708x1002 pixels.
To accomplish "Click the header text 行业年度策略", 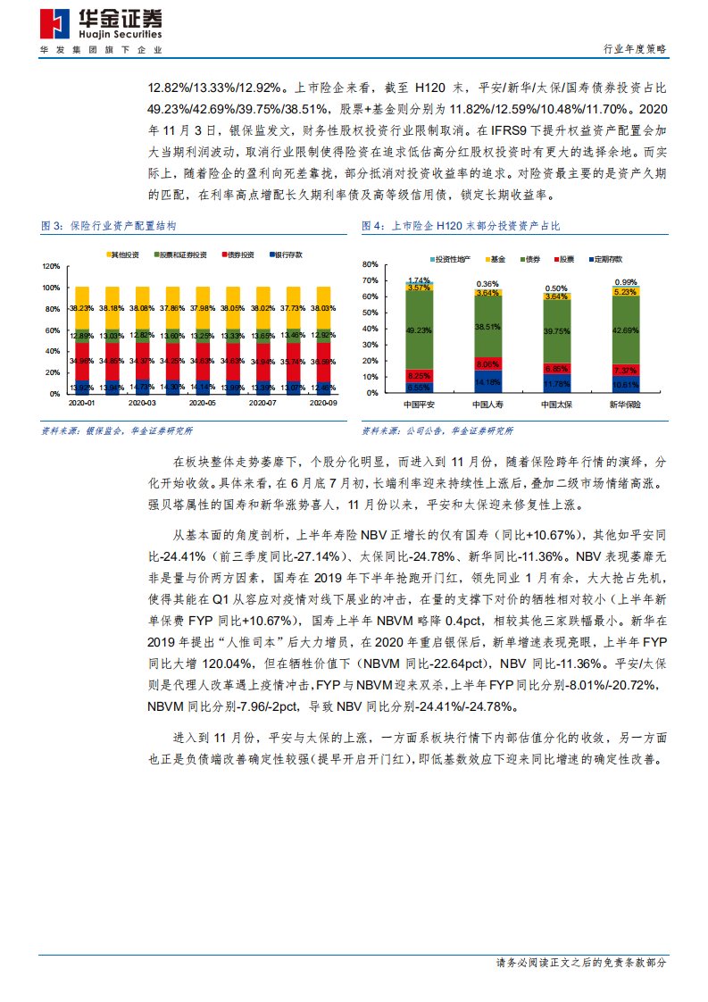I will pos(635,49).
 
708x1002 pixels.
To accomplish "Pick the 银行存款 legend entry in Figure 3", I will pos(285,255).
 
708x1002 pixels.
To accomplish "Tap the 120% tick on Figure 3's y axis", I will pos(50,266).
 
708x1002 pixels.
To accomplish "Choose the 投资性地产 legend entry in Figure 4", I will pos(452,259).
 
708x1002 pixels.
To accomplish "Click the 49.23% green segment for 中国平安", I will pos(419,330).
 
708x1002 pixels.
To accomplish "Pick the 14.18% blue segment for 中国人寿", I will pos(488,382).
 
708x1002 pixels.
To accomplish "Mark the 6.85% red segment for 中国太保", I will pos(557,368).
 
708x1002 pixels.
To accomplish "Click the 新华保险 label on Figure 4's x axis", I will pos(626,405).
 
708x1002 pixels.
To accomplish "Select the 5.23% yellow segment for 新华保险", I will pos(626,292).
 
